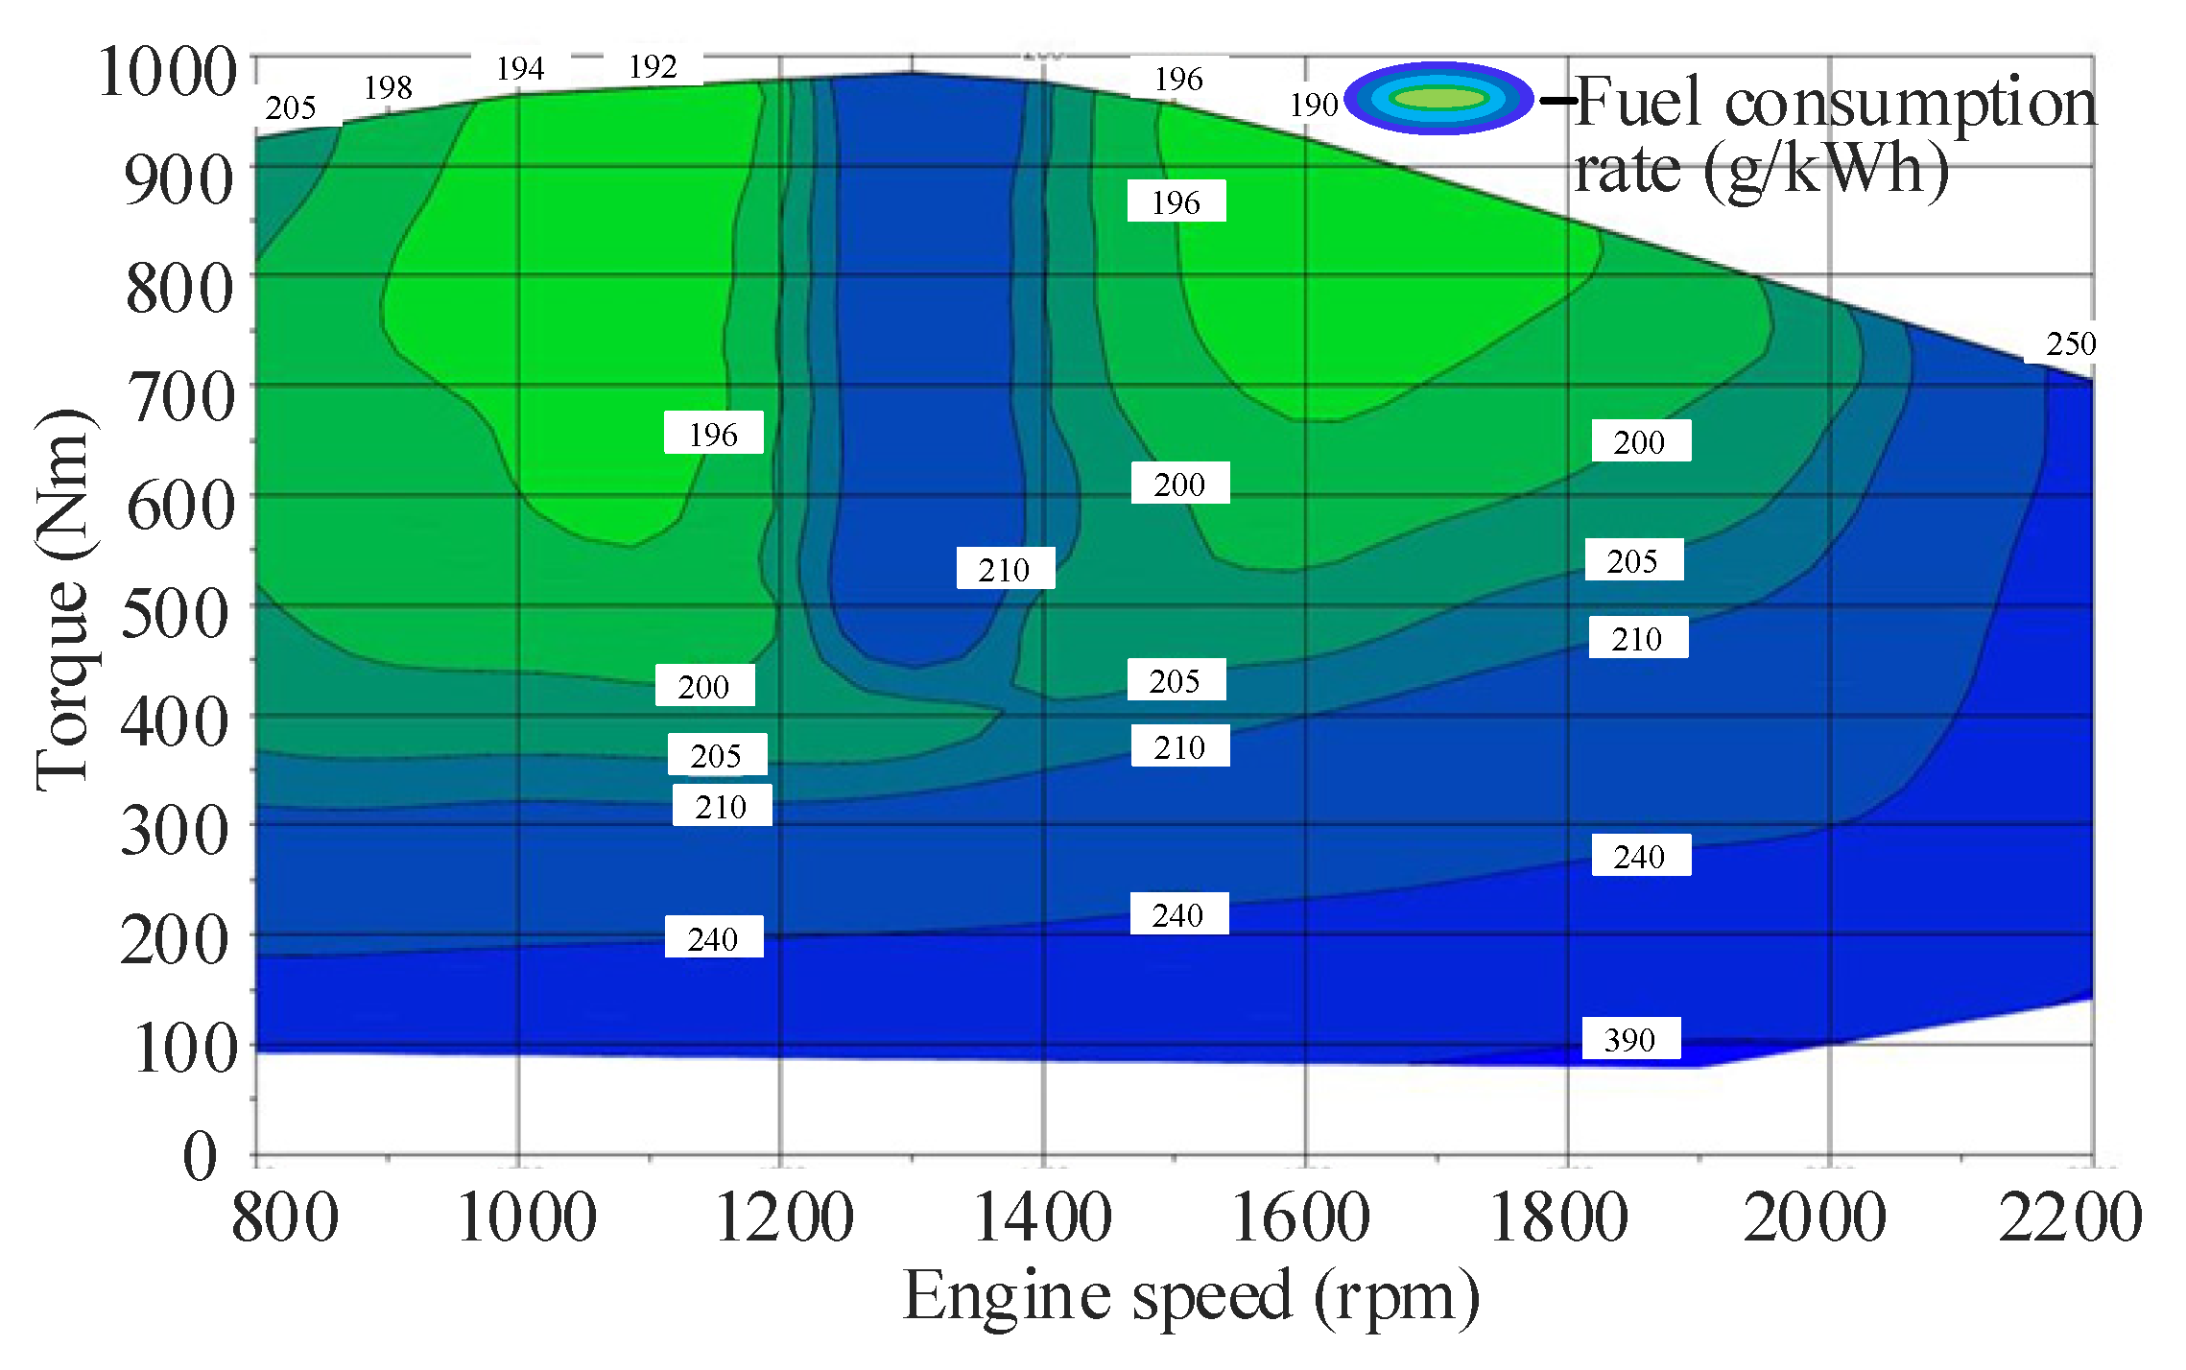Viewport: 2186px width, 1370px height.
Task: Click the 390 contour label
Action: [1630, 1039]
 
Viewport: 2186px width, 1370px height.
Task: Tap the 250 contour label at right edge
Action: [2070, 343]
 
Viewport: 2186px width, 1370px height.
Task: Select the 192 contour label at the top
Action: [653, 67]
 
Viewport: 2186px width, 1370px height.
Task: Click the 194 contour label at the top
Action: [520, 69]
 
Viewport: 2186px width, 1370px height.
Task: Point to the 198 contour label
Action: [388, 88]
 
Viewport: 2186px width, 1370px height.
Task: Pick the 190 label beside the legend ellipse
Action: [1313, 105]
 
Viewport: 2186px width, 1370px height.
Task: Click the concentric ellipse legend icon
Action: [1438, 98]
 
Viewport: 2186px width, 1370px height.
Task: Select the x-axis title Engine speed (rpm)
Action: [1191, 1296]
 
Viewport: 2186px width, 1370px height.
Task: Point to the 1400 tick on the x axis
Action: [1043, 1217]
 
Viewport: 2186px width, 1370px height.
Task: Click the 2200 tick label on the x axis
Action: [2070, 1217]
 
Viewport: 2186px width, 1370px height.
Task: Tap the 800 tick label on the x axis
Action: [285, 1217]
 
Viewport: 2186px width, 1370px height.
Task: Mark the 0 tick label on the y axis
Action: [200, 1155]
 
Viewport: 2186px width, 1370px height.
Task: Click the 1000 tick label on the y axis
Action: [168, 72]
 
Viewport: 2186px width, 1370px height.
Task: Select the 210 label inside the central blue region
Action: [1004, 569]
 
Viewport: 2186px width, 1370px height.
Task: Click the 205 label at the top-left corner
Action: [291, 107]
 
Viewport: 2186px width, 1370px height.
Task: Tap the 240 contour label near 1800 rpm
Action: [1639, 856]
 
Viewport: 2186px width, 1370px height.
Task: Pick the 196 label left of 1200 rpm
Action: [713, 434]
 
